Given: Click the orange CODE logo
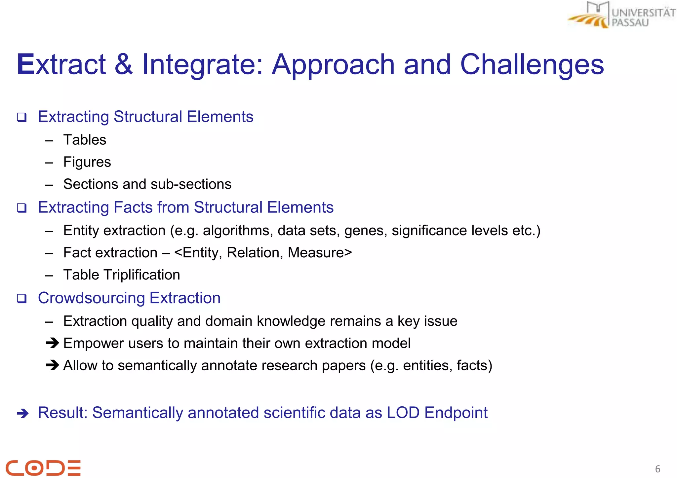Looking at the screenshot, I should [x=43, y=467].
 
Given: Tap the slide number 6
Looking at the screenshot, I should [x=657, y=469].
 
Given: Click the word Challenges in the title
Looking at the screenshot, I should [x=532, y=64].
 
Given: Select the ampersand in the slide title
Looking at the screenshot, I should [x=124, y=64].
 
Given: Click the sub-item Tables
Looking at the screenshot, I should [x=85, y=140].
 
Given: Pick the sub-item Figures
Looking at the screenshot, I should [x=87, y=162].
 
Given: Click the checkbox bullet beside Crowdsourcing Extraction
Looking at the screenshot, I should [x=22, y=299].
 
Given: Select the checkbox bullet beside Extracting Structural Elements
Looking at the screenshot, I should [x=22, y=117].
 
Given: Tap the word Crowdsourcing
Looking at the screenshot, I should [x=91, y=298].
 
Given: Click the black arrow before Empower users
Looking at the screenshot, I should [x=53, y=343].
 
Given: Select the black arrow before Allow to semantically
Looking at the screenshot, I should [x=53, y=365].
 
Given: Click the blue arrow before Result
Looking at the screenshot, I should [x=23, y=413].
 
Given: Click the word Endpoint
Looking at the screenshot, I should [x=456, y=413].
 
